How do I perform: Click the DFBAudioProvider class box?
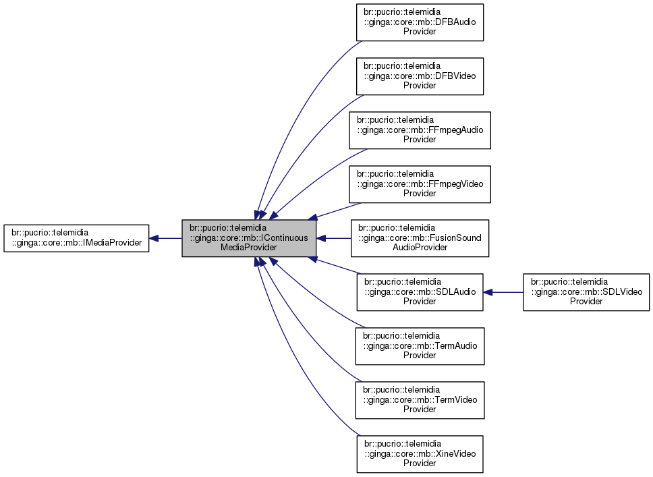(x=420, y=22)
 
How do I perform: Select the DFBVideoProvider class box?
(x=420, y=76)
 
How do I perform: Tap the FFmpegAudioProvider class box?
(x=420, y=130)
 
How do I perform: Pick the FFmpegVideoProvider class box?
(x=420, y=184)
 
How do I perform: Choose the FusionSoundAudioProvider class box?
(x=420, y=237)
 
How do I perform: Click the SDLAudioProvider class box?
(x=420, y=291)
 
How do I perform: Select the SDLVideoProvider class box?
(x=586, y=291)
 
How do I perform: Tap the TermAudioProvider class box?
(x=420, y=345)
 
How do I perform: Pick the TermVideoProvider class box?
(x=420, y=399)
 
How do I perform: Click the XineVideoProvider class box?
(x=420, y=453)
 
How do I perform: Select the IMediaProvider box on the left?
(x=76, y=238)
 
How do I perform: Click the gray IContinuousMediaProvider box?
(x=249, y=238)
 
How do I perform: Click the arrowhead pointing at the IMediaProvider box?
(x=154, y=238)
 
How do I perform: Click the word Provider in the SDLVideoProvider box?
(x=586, y=302)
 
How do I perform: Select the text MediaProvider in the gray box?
(x=249, y=248)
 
